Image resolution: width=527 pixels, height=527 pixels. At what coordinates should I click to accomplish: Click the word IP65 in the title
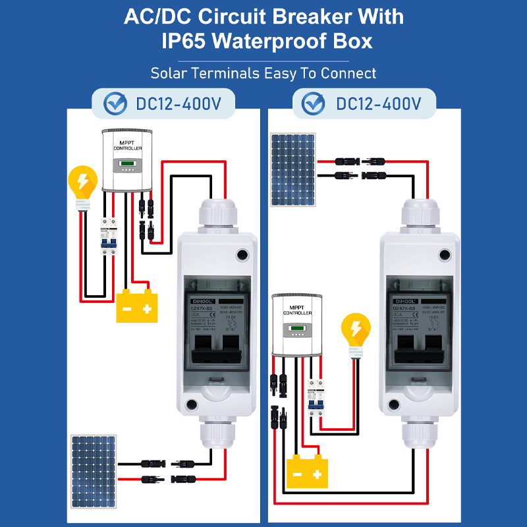pos(186,42)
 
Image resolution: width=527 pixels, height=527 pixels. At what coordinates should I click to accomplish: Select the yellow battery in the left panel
pos(137,306)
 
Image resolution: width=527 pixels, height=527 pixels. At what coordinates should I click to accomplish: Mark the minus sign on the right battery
pos(298,475)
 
